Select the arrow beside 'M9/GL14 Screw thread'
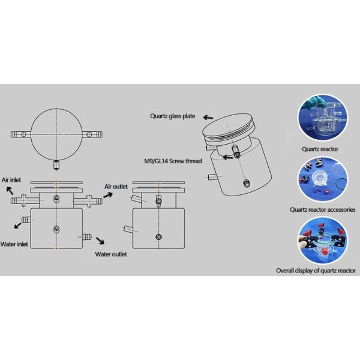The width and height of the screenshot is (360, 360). coord(227,157)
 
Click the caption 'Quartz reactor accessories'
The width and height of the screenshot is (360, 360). coord(323,210)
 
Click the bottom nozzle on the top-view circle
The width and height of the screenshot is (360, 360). coord(56,163)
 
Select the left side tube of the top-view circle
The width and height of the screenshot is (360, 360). coord(20,134)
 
